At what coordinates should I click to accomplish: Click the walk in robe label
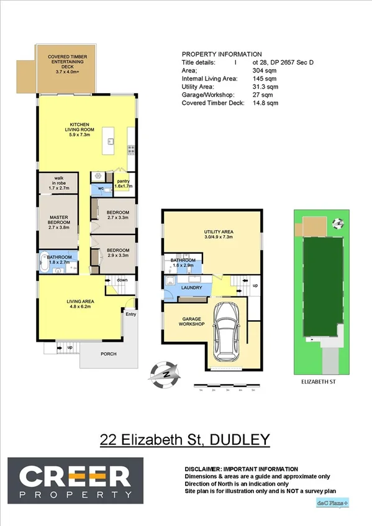pos(59,184)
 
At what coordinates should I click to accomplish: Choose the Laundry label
pos(189,288)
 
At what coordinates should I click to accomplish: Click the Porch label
pos(107,354)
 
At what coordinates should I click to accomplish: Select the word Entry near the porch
pos(130,314)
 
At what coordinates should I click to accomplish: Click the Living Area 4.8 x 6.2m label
pos(79,305)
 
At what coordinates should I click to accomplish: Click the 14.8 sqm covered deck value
pos(265,103)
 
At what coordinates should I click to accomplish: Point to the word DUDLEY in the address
pos(240,440)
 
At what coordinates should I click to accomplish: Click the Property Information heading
pos(222,54)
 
